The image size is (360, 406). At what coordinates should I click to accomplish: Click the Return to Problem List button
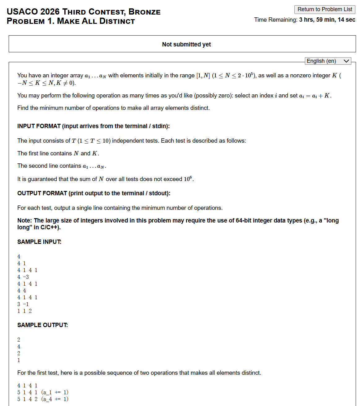click(325, 9)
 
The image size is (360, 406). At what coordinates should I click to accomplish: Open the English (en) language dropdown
click(328, 61)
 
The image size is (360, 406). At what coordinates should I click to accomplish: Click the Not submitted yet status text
click(186, 44)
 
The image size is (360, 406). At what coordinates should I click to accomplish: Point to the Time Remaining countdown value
click(327, 20)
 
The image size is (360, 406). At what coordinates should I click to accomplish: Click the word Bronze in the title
click(145, 12)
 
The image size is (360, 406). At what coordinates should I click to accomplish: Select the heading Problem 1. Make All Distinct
click(71, 21)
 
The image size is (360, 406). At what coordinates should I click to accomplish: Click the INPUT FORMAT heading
click(93, 126)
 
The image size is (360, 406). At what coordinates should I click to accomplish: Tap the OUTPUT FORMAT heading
click(94, 193)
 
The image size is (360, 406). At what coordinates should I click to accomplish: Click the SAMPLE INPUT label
click(39, 242)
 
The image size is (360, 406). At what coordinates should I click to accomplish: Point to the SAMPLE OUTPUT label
click(42, 325)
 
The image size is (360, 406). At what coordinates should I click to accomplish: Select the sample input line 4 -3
click(23, 277)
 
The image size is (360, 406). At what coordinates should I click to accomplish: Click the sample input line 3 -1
click(23, 304)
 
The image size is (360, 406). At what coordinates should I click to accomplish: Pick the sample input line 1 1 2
click(24, 311)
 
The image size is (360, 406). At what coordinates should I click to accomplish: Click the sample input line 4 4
click(22, 291)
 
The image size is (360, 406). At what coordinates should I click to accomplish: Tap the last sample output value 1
click(19, 360)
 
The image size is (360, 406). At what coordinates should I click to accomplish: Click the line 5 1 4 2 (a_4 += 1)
click(43, 399)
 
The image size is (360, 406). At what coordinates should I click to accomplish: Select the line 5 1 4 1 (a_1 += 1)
click(43, 392)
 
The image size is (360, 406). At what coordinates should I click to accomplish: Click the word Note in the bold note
click(24, 220)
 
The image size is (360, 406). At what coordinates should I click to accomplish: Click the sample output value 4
click(19, 347)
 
